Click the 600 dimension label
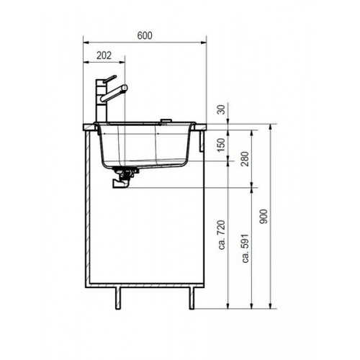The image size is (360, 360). (145, 35)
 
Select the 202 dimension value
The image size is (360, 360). (104, 55)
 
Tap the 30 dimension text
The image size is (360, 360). (222, 109)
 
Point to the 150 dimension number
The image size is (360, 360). (222, 145)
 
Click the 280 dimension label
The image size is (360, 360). (246, 159)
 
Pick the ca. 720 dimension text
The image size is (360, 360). (222, 235)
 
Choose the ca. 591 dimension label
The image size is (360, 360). (246, 248)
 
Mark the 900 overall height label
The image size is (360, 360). (264, 217)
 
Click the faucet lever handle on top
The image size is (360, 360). (109, 79)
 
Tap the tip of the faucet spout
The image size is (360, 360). (125, 87)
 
